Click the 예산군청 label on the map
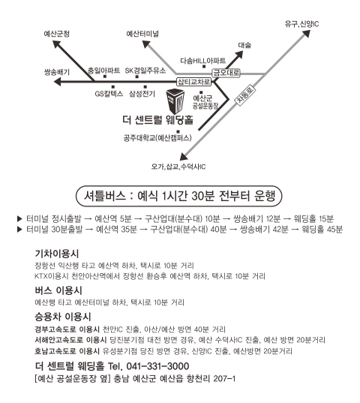(56, 34)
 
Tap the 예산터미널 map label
(142, 34)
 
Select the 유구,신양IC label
(301, 24)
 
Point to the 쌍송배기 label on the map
(57, 72)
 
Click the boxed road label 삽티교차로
(194, 82)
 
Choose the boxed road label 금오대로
(226, 73)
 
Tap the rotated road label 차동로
(245, 95)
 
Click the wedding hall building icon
(175, 101)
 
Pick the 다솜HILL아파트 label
(202, 61)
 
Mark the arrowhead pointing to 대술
(239, 55)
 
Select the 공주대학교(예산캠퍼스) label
(157, 138)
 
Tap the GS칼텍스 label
(109, 94)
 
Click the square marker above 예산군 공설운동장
(201, 92)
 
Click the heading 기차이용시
(57, 254)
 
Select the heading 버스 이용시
(58, 290)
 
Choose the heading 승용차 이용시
(63, 317)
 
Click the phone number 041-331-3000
(157, 366)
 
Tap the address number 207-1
(224, 378)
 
